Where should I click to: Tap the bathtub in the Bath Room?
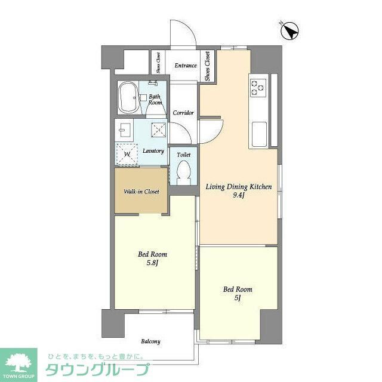click(128, 98)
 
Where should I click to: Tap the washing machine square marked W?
click(127, 154)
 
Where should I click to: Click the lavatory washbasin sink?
click(125, 130)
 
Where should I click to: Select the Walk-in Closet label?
click(141, 192)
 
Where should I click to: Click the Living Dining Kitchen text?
click(239, 187)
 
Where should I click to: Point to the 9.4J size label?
click(239, 195)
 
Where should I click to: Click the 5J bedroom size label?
click(238, 298)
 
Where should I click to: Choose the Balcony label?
click(150, 341)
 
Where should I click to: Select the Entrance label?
click(185, 65)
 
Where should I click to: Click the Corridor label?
click(183, 113)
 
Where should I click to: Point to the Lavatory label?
click(153, 151)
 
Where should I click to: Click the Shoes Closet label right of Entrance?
click(207, 66)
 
